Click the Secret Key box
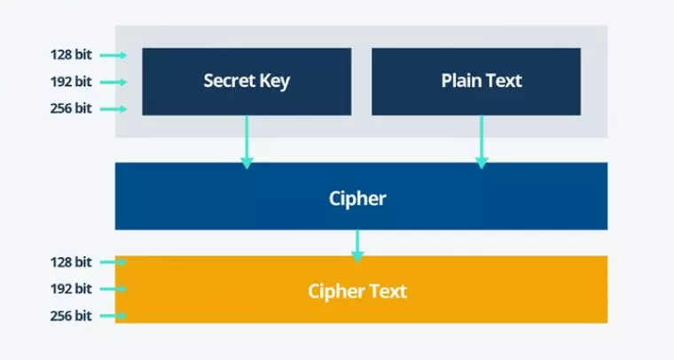coord(247,82)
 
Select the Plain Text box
coord(476,82)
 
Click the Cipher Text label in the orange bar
coord(357,291)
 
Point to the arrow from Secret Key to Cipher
coord(247,142)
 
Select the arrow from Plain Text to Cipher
coord(482,142)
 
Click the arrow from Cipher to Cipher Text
coord(357,244)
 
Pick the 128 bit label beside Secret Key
coord(71,55)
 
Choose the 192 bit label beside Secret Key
coord(71,82)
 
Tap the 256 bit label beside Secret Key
coord(71,109)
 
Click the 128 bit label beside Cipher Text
coord(71,262)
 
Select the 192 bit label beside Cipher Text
coord(71,289)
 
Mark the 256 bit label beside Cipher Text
coord(71,316)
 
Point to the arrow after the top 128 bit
coord(113,55)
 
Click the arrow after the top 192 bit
coord(113,82)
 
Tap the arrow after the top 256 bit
coord(113,109)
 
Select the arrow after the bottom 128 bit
coord(113,262)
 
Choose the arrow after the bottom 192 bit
coord(113,289)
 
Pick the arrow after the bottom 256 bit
coord(113,316)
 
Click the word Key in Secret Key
coord(273,82)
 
